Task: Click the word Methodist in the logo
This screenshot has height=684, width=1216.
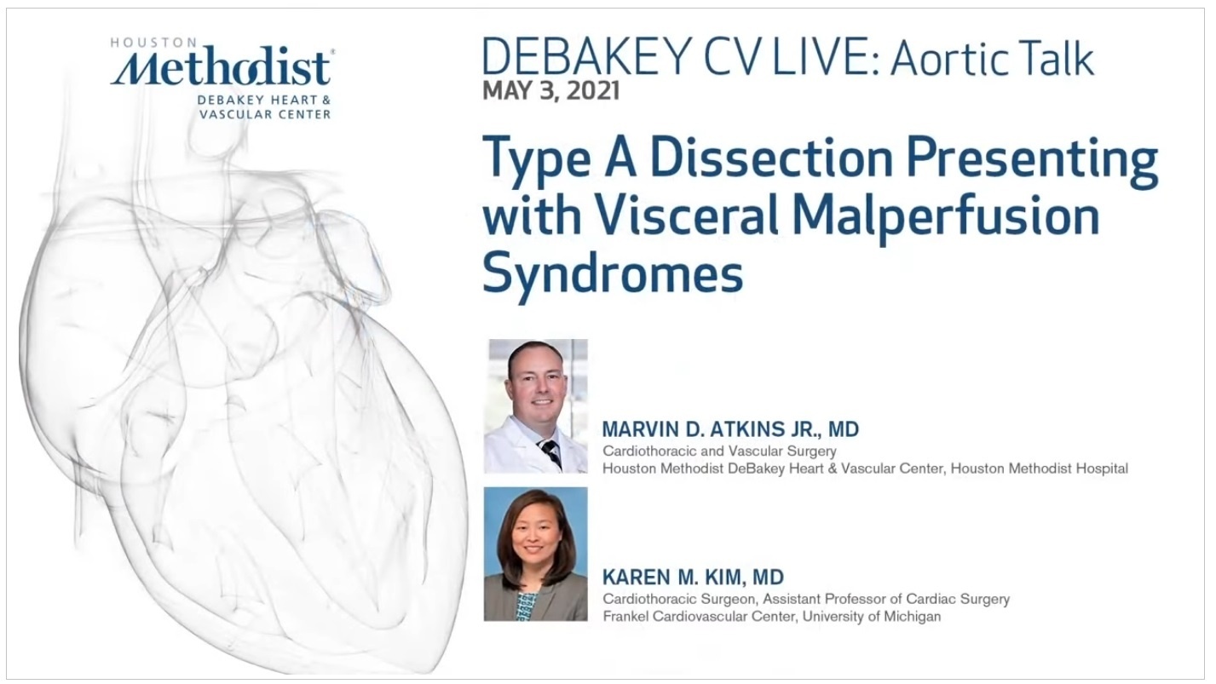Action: coord(221,69)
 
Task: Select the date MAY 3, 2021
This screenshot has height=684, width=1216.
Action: coord(550,90)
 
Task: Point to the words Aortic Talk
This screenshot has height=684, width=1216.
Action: coord(991,57)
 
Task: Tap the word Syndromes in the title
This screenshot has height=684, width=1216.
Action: coord(613,273)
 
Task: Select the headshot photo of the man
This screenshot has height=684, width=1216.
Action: coord(536,406)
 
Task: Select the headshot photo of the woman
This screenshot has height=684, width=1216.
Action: coord(536,554)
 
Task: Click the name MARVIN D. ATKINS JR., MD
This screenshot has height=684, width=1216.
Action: coord(730,429)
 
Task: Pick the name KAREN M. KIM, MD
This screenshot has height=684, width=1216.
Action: coord(694,577)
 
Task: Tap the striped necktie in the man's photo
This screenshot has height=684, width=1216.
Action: coord(550,453)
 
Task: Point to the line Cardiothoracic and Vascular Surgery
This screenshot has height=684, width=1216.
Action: coord(719,451)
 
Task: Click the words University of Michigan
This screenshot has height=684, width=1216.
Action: coord(871,617)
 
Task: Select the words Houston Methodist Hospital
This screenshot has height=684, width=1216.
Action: coord(1039,468)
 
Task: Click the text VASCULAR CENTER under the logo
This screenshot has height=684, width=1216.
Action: coord(265,114)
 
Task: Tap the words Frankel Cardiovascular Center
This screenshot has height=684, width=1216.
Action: coord(700,617)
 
